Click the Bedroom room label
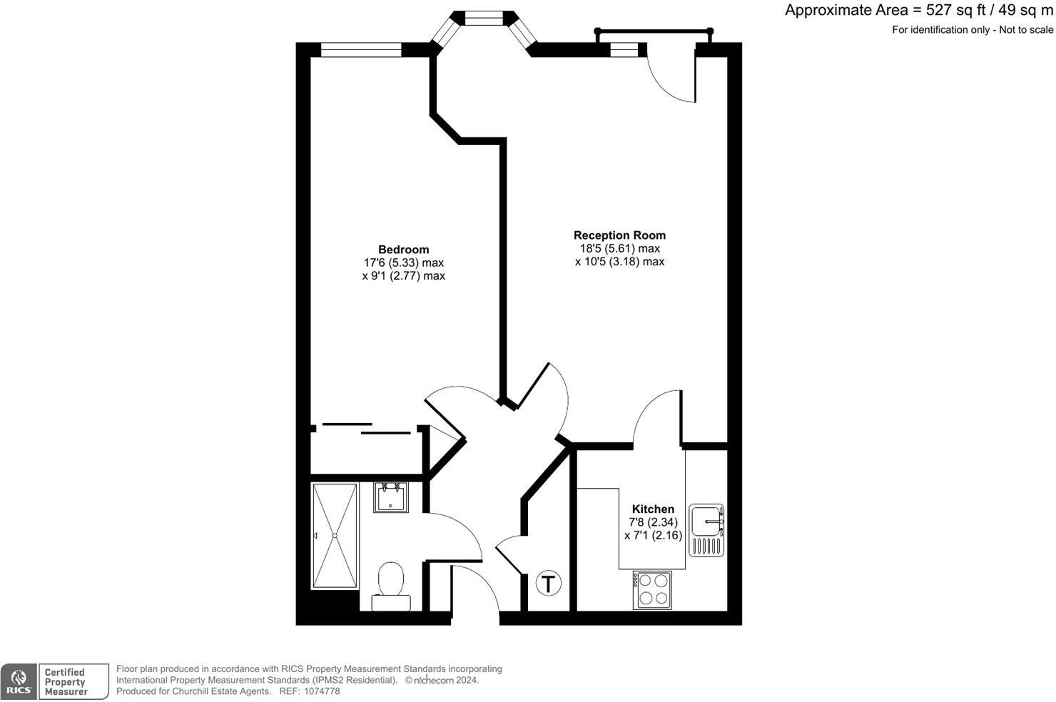coord(403,250)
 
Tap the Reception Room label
coord(619,235)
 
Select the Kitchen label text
coord(653,509)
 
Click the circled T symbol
coord(548,584)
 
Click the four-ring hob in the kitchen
coord(652,590)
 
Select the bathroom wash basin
coord(391,497)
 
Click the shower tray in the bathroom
coord(335,536)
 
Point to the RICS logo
coord(19,682)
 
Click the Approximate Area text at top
coord(918,11)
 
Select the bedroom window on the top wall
coord(361,50)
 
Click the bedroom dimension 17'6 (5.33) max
coord(403,263)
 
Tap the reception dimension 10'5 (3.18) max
coord(619,262)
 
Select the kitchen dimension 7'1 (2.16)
coord(653,535)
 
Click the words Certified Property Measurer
coord(65,682)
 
